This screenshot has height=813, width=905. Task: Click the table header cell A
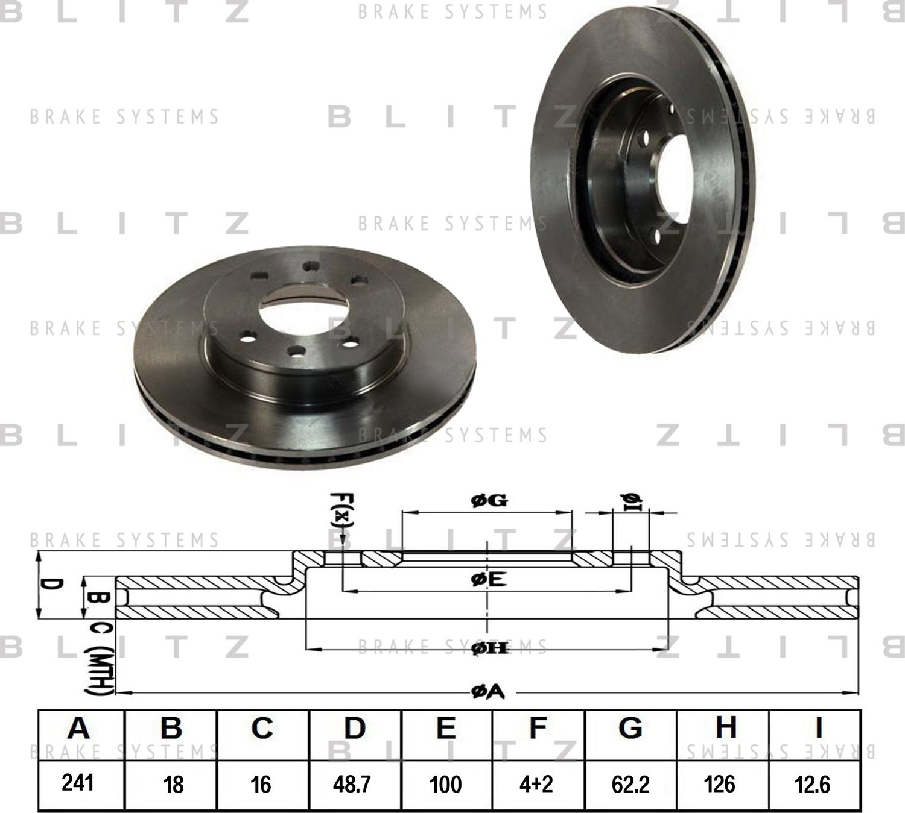tap(79, 728)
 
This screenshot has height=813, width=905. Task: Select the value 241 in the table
tap(78, 783)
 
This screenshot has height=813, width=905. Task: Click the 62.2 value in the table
tap(630, 784)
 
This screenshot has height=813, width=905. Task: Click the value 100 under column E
tap(445, 784)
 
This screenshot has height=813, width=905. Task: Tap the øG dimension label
tap(489, 500)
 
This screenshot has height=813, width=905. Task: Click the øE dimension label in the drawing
tap(488, 579)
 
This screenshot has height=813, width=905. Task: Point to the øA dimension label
tap(487, 693)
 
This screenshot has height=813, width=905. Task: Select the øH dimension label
tap(487, 648)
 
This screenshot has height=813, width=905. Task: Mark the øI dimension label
tap(630, 501)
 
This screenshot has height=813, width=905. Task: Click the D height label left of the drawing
tap(53, 585)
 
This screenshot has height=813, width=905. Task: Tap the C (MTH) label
tap(99, 660)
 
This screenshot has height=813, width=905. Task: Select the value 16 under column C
tap(261, 784)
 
